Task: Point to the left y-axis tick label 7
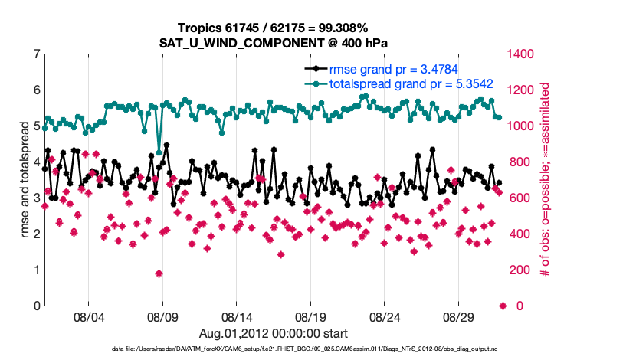click(36, 54)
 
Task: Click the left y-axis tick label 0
click(36, 306)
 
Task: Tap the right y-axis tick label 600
click(518, 198)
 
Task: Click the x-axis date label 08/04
click(88, 317)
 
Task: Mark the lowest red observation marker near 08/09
click(159, 273)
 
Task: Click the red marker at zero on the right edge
click(503, 306)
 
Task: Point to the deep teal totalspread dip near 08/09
click(159, 152)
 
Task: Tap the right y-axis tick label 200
click(518, 270)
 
